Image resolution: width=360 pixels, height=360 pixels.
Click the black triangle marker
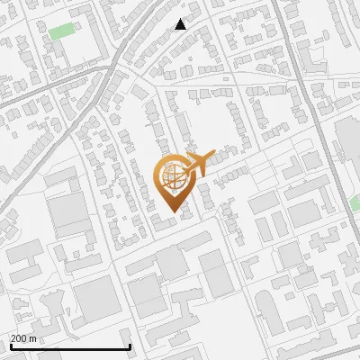(x=181, y=24)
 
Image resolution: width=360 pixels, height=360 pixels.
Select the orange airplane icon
(x=198, y=164)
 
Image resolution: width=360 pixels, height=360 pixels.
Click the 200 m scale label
(x=23, y=338)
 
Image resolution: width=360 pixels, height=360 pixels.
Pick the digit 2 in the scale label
(x=13, y=338)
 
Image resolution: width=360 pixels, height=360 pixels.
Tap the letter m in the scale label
(x=33, y=338)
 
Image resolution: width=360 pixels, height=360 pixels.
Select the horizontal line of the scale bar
(x=69, y=346)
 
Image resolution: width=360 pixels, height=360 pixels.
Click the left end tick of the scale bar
(x=9, y=345)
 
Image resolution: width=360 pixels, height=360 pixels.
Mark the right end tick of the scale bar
(x=130, y=345)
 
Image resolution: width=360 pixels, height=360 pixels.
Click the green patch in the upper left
(x=62, y=31)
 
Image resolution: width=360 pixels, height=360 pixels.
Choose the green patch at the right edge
(x=355, y=203)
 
